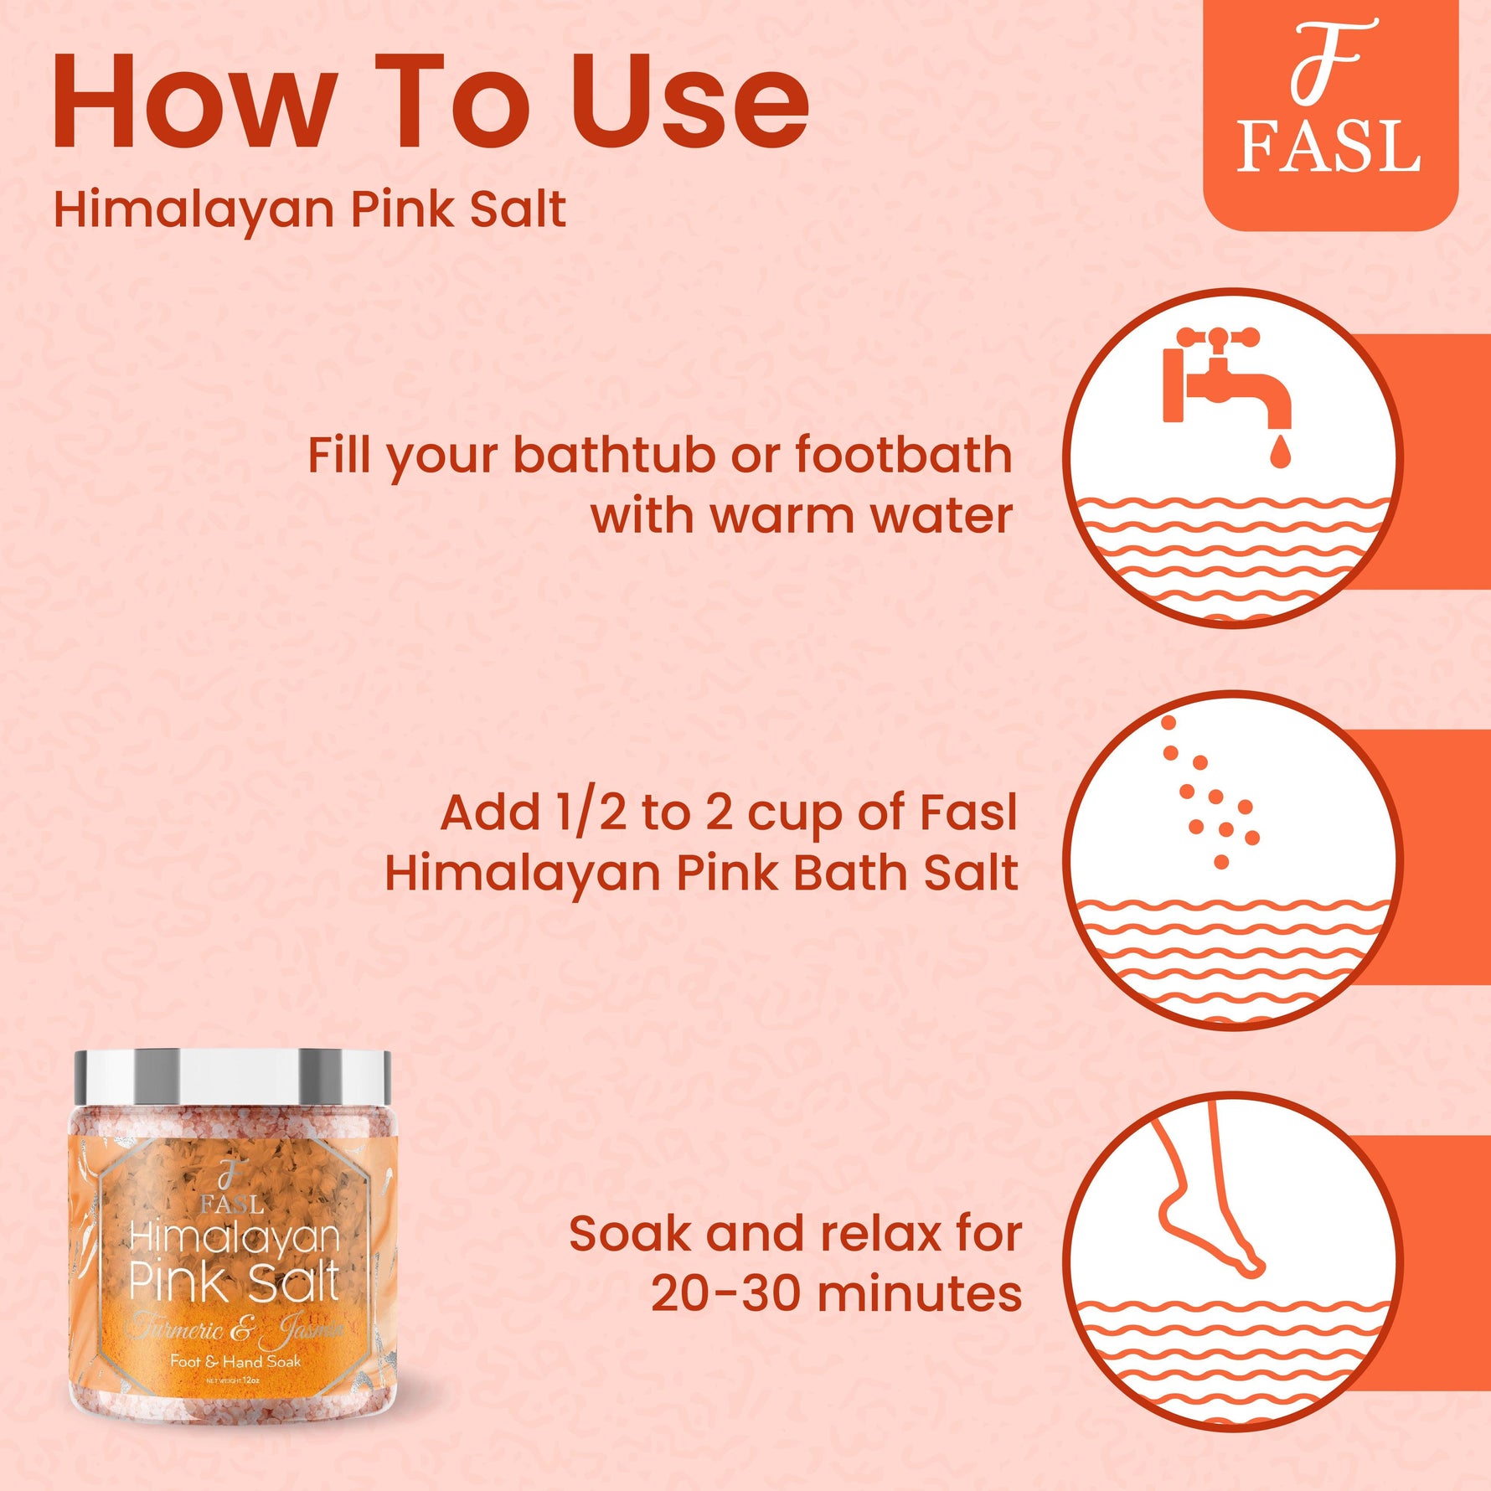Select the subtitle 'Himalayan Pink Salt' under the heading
309,209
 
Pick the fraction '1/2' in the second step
590,813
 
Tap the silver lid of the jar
232,1076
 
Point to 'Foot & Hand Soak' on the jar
235,1361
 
